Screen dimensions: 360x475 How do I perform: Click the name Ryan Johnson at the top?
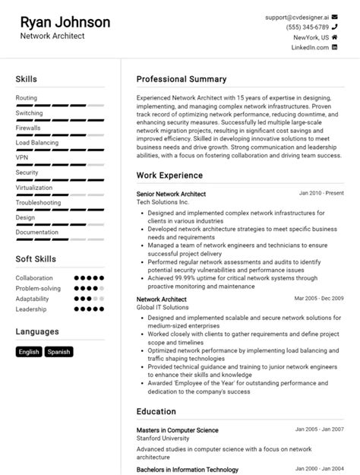[x=65, y=22]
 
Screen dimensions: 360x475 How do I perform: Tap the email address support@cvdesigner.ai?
[x=296, y=16]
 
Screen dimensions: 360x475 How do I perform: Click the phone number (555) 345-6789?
[x=307, y=27]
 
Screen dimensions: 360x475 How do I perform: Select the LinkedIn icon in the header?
[x=335, y=47]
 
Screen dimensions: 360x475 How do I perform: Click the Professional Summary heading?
[x=182, y=79]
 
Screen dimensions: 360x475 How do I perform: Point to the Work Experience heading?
[x=169, y=176]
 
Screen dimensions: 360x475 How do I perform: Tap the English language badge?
[x=29, y=352]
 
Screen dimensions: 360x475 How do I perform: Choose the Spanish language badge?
[x=58, y=352]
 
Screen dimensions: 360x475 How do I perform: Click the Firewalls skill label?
[x=28, y=128]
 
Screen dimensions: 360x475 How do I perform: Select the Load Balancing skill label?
[x=36, y=142]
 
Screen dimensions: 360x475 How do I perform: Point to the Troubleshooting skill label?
[x=38, y=202]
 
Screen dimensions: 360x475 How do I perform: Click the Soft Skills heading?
[x=36, y=259]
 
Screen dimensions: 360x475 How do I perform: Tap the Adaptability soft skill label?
[x=33, y=299]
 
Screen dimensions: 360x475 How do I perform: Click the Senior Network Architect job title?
[x=171, y=195]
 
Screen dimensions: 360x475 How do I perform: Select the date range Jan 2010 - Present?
[x=321, y=194]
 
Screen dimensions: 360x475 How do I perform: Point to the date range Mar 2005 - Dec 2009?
[x=319, y=299]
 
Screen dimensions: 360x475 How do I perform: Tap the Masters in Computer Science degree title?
[x=177, y=430]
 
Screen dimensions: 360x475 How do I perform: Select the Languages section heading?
[x=37, y=331]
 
